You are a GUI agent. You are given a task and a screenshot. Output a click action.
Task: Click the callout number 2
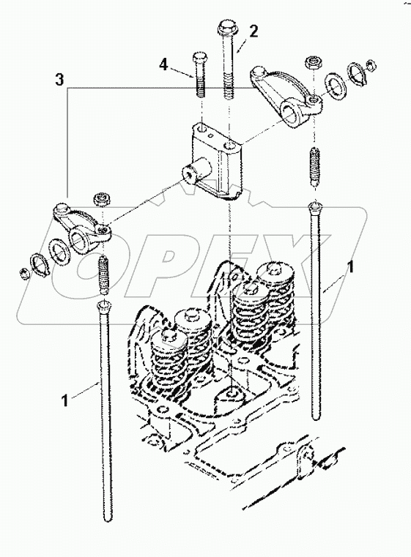[x=253, y=31]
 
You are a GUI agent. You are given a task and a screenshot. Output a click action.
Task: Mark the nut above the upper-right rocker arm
[x=313, y=61]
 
